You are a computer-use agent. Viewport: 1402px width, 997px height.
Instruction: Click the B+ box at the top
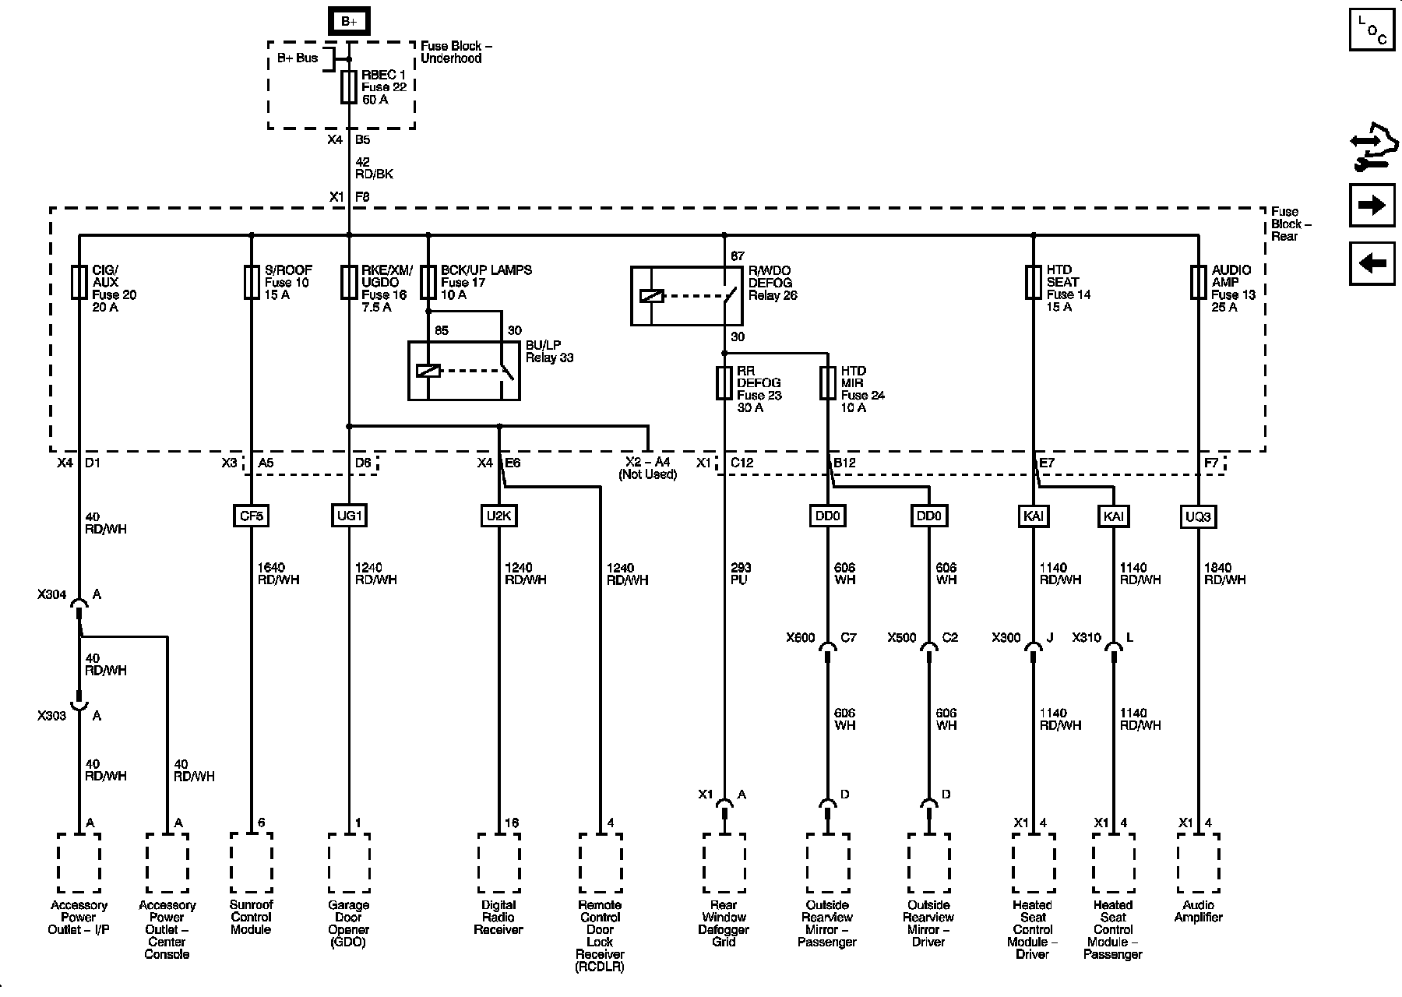click(x=349, y=21)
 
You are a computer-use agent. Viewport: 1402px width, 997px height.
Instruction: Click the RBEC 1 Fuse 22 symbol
click(x=349, y=86)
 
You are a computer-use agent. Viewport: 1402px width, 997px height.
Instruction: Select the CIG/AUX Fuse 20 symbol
click(x=79, y=282)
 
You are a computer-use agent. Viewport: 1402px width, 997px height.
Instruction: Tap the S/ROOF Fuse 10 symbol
click(x=252, y=282)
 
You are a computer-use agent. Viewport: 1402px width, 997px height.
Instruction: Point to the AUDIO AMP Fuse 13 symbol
click(x=1199, y=282)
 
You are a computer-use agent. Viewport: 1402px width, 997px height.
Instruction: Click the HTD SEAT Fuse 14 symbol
click(x=1034, y=282)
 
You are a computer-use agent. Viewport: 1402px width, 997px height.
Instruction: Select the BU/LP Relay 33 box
click(x=464, y=371)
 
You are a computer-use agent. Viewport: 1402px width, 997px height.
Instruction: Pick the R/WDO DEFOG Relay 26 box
click(x=686, y=295)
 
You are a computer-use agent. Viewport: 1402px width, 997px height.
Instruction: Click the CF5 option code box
click(x=252, y=516)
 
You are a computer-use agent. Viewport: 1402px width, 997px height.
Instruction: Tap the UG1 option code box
click(x=348, y=516)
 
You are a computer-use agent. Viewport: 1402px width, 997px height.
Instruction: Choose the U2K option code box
click(x=498, y=516)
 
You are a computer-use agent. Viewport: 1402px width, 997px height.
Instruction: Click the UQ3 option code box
click(x=1198, y=516)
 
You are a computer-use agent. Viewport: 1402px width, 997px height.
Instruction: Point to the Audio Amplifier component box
click(x=1198, y=863)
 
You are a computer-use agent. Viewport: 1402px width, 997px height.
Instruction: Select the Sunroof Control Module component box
click(x=252, y=863)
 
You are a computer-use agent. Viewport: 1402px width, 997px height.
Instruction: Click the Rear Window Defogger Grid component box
click(x=724, y=863)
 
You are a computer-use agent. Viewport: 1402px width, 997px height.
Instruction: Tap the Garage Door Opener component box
click(x=348, y=863)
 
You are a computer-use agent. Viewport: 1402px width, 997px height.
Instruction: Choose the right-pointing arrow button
click(x=1372, y=205)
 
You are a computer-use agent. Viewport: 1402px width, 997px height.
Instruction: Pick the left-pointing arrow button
click(x=1372, y=263)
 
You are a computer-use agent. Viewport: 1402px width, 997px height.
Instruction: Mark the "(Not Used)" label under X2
click(x=647, y=474)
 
